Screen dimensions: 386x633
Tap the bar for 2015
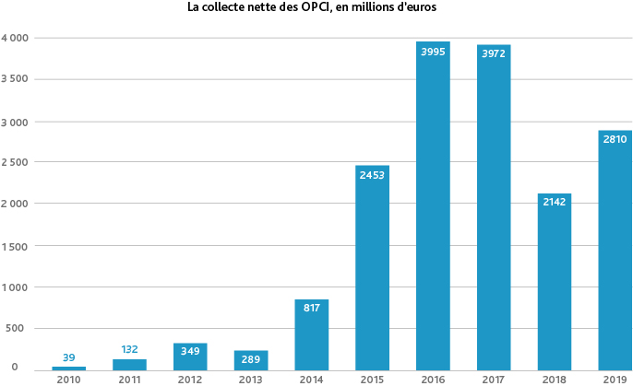click(372, 267)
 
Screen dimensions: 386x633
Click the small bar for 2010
click(69, 368)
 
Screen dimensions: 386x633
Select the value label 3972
click(494, 53)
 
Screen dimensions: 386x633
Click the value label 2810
click(615, 139)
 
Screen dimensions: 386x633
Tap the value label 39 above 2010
click(69, 357)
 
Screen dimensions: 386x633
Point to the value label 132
click(130, 349)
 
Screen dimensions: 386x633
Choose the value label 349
click(190, 352)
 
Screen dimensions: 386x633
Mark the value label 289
click(251, 358)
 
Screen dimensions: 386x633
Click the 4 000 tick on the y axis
click(15, 38)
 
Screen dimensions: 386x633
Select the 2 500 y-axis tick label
click(15, 162)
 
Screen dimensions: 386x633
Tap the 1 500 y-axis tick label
click(15, 245)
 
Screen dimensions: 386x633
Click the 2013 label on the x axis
click(251, 379)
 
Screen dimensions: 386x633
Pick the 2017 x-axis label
click(494, 379)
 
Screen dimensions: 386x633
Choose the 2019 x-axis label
click(615, 379)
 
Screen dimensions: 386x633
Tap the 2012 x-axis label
click(190, 379)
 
